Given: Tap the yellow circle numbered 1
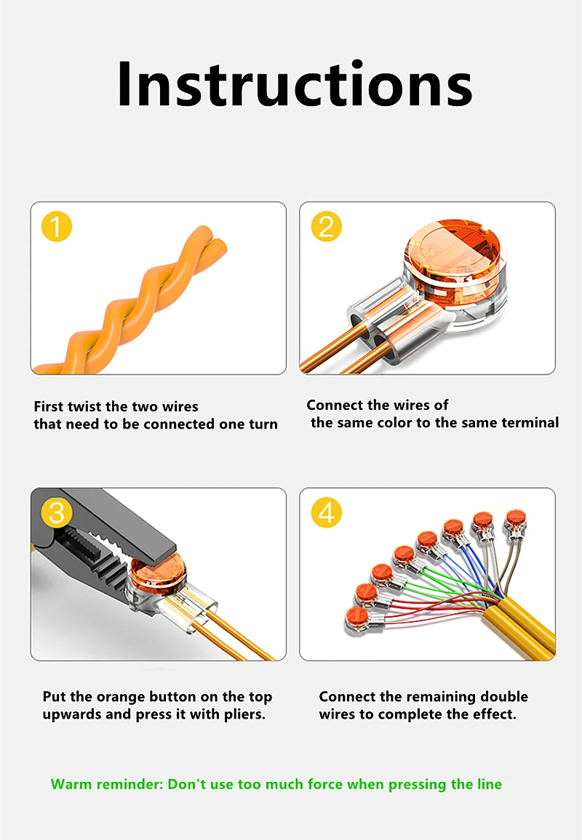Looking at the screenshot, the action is coord(56,226).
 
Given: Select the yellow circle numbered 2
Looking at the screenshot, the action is coord(326,226).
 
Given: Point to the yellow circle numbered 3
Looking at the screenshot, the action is coord(56,513).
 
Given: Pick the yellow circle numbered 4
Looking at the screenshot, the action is coord(326,513).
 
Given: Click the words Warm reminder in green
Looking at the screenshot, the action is coord(107,784).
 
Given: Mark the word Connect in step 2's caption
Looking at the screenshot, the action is coord(334,405).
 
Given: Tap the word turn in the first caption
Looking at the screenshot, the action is coord(263,424).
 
